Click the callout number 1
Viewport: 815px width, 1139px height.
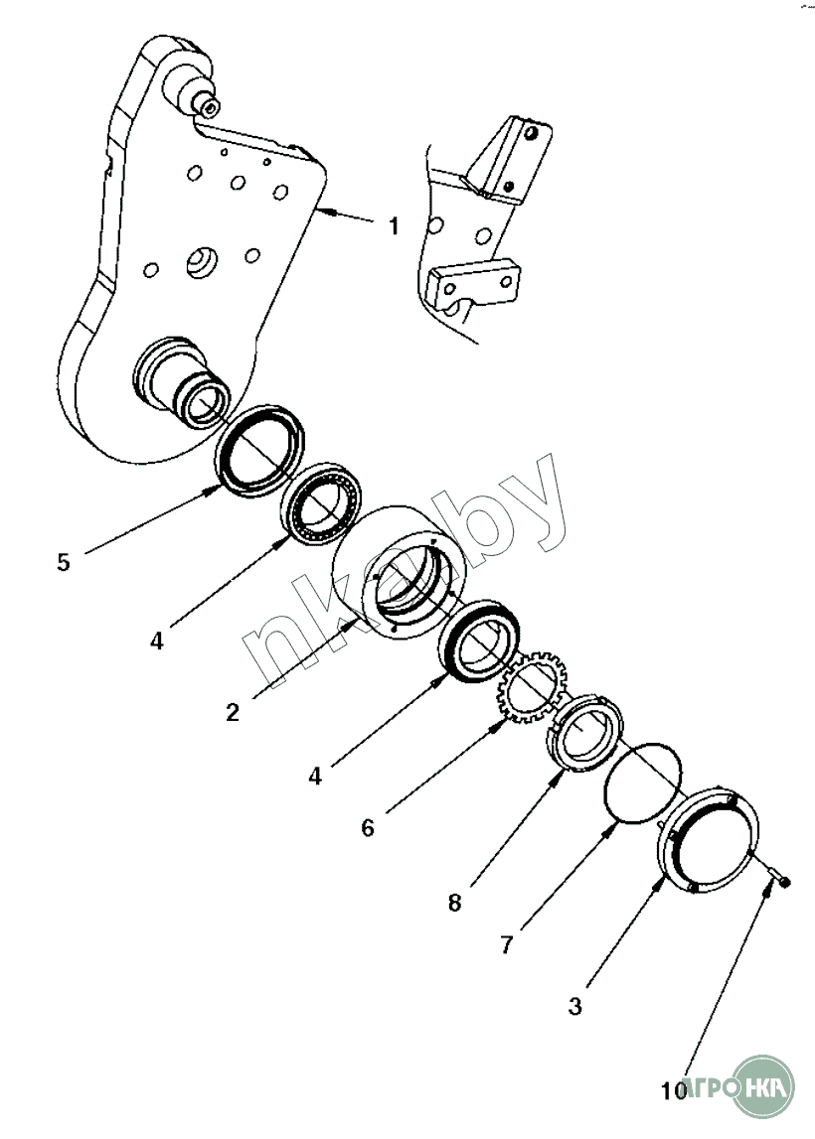tap(394, 226)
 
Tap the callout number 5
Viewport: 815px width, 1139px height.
tap(64, 562)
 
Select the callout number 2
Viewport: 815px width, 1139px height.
tap(232, 711)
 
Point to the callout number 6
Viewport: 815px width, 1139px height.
tap(368, 827)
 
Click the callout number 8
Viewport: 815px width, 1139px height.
tap(454, 903)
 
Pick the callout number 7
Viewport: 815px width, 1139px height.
tap(506, 944)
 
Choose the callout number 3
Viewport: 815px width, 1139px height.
tap(574, 1006)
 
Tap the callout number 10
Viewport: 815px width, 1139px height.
tap(673, 1091)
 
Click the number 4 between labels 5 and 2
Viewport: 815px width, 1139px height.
tap(156, 641)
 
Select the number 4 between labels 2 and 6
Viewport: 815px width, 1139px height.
tap(315, 776)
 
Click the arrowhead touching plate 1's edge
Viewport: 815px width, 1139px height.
tap(322, 212)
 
